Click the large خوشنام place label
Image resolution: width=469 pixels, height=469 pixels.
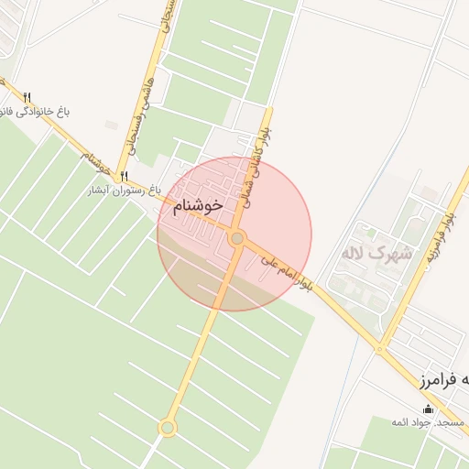(x=198, y=207)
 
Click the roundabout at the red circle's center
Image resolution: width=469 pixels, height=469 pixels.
(x=237, y=238)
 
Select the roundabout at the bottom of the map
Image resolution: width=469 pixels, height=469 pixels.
(x=167, y=427)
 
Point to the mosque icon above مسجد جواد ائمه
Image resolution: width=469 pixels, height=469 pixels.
(x=429, y=409)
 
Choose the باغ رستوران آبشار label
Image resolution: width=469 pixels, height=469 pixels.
(x=125, y=191)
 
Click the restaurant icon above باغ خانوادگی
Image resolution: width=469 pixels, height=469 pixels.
(x=27, y=97)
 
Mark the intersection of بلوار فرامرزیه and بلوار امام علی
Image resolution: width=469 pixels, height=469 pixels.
(x=379, y=348)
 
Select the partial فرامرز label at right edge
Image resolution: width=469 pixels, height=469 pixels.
(x=445, y=379)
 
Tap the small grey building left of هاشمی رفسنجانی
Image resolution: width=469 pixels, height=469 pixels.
(x=111, y=125)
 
